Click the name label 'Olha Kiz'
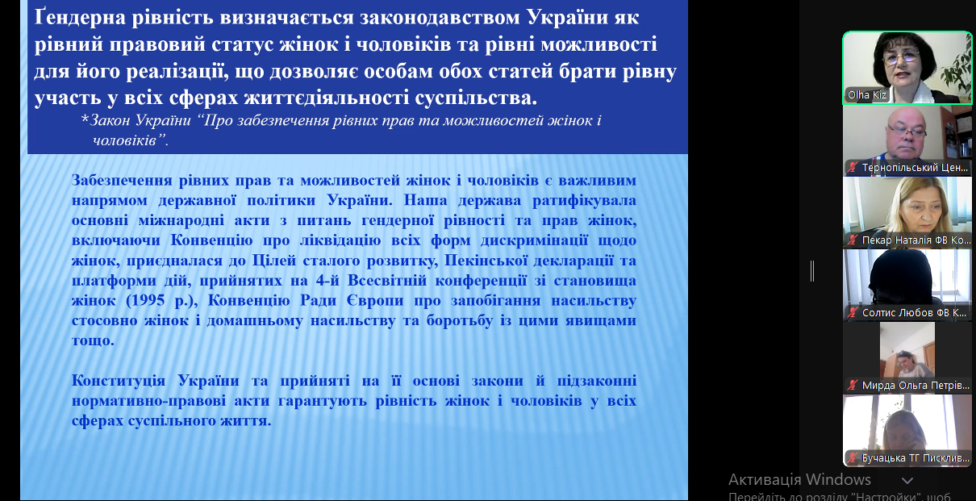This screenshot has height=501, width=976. (x=867, y=95)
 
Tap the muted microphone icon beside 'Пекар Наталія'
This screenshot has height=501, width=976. (x=853, y=240)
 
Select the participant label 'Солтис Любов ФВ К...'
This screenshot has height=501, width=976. (x=915, y=313)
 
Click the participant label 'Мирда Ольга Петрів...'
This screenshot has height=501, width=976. (x=916, y=386)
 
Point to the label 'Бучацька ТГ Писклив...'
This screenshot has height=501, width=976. (x=916, y=458)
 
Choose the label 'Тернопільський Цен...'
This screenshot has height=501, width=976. (x=915, y=168)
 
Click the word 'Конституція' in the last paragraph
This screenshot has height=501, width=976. (x=119, y=381)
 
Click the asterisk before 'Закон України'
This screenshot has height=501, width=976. (x=85, y=119)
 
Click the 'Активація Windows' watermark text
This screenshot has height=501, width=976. (x=799, y=480)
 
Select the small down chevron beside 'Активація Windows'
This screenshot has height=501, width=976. (x=907, y=481)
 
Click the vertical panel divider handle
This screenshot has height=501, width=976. (x=812, y=271)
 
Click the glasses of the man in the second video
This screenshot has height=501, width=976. (x=907, y=130)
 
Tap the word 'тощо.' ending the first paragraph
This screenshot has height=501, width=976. (x=93, y=340)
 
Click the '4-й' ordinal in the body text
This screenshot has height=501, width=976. (x=327, y=281)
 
